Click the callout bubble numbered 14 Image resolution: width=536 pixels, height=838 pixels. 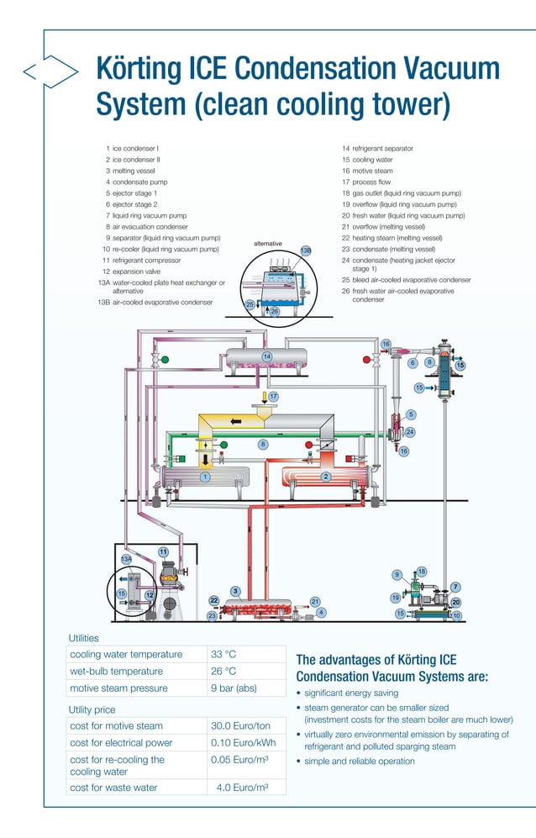pos(266,357)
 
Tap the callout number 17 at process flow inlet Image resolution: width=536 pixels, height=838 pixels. pos(273,396)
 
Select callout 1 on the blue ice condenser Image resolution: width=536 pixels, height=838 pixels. pos(204,477)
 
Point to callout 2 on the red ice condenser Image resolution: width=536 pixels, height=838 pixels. pos(325,477)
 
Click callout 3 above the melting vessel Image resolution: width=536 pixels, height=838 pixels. pos(236,591)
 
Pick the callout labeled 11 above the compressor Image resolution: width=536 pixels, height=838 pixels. pos(163,552)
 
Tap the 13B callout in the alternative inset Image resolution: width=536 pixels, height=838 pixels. pos(306,250)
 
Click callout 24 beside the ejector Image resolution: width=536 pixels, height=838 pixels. pos(410,432)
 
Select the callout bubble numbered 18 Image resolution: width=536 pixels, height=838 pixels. pos(422,572)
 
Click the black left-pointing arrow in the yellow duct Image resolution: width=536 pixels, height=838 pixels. pos(237,420)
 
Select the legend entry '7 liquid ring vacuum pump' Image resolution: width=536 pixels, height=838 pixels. pos(145,215)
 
